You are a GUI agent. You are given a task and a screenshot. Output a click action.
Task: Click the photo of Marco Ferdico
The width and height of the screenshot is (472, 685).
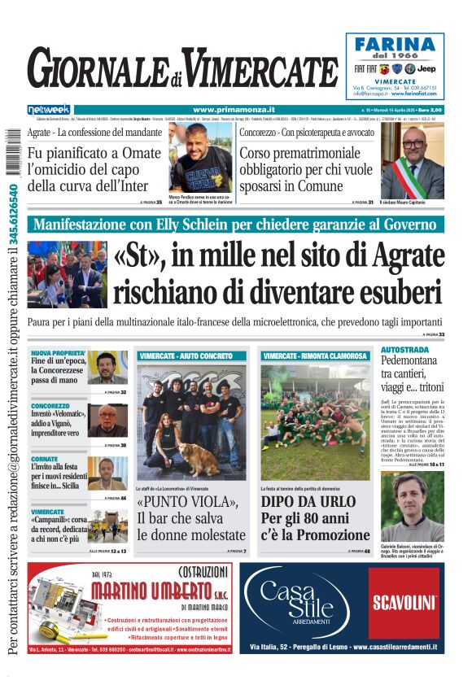click(199, 158)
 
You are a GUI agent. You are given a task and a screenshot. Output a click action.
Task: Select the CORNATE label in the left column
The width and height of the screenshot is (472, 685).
click(46, 459)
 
